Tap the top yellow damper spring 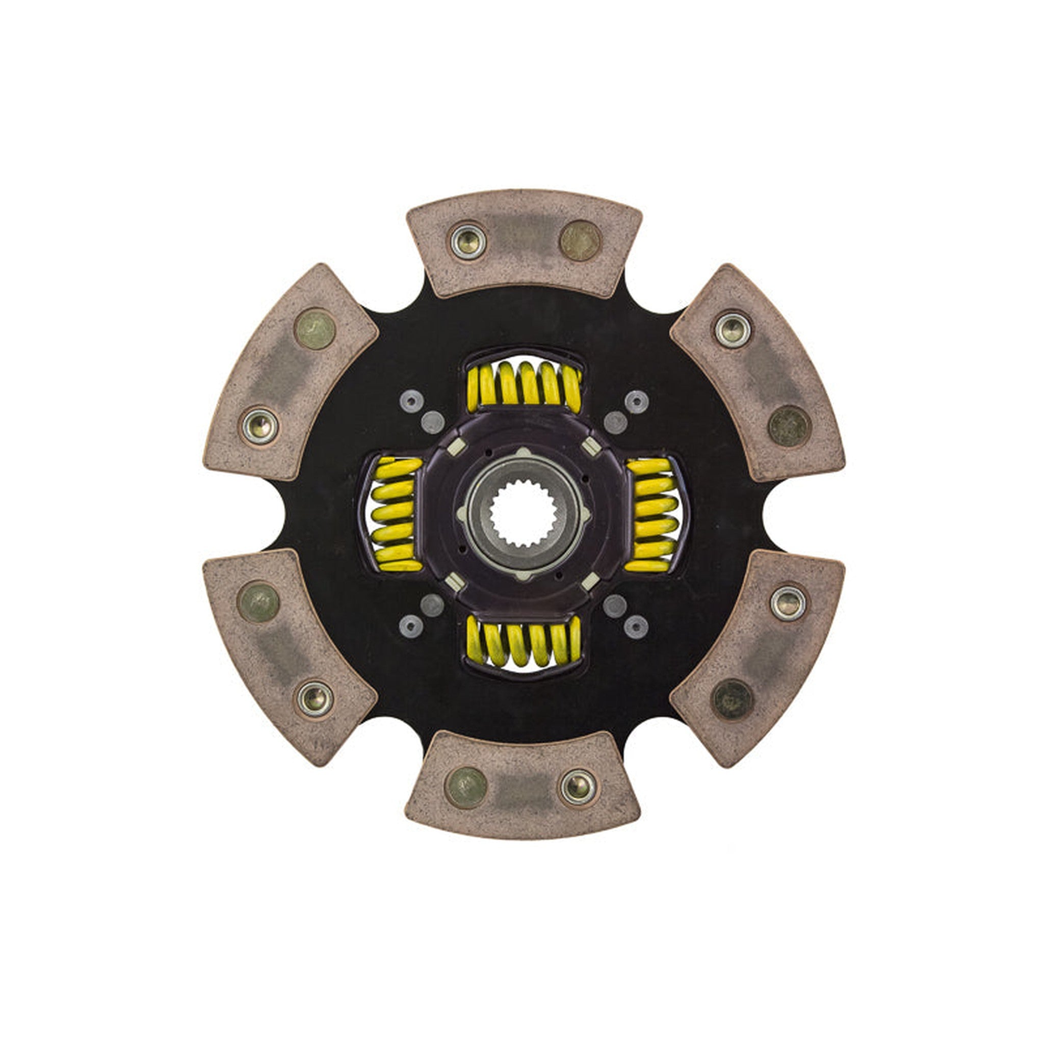[x=523, y=385]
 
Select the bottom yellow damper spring [x=523, y=642]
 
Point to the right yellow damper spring [x=650, y=514]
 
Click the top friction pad [x=524, y=243]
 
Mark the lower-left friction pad [x=289, y=656]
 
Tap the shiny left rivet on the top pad [x=468, y=241]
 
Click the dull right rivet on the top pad [x=580, y=241]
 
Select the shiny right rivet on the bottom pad [x=578, y=786]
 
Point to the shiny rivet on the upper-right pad [x=733, y=330]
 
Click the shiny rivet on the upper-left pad [x=260, y=426]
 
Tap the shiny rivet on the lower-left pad [x=315, y=699]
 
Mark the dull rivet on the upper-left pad [x=315, y=329]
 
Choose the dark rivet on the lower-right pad [x=732, y=699]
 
